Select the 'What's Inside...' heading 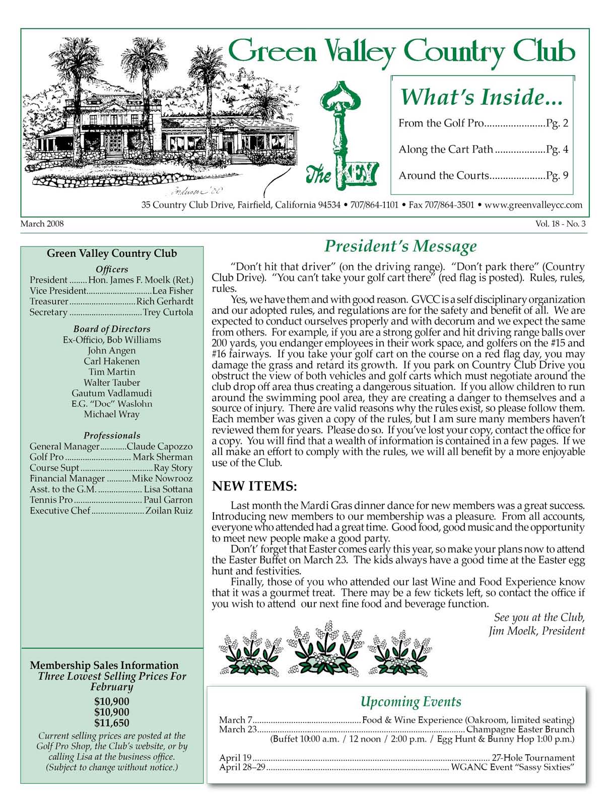tap(481, 97)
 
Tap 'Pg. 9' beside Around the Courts tap(558, 175)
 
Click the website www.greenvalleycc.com tap(533, 205)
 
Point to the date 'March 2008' tap(42, 224)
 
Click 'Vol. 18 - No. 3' tap(561, 224)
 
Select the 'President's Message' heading tap(400, 246)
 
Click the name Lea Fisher tap(173, 291)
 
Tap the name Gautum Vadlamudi tap(111, 393)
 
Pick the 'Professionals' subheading tap(112, 435)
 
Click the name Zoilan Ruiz tap(169, 510)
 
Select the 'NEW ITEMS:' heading tap(254, 486)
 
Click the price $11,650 tap(112, 723)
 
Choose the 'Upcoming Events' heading tap(410, 702)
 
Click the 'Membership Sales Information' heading tap(104, 665)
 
